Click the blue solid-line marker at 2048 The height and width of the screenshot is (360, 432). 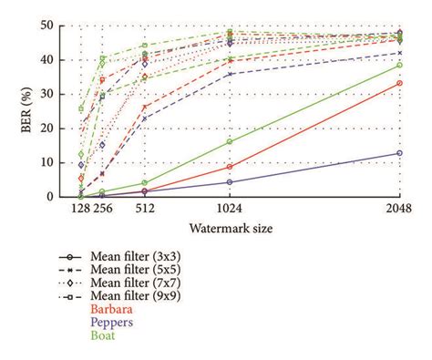399,153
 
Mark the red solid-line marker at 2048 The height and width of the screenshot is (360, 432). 399,83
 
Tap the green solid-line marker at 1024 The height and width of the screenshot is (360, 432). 229,141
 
